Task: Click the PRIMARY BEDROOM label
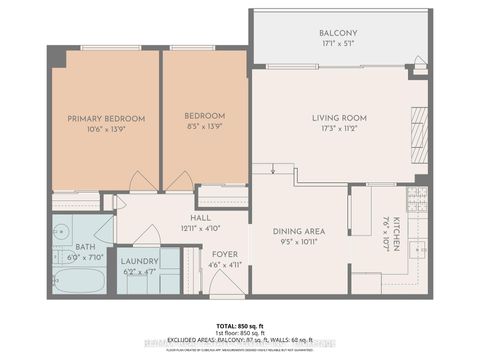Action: coord(106,118)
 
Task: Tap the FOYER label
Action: coord(224,254)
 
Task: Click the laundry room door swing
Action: coord(147,236)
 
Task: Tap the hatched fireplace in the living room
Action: coord(418,124)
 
